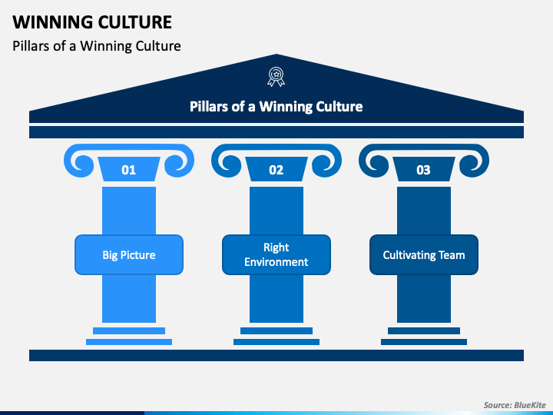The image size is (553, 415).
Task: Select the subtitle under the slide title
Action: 97,46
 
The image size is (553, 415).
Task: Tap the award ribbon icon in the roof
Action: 276,76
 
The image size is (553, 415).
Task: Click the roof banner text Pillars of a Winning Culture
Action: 276,106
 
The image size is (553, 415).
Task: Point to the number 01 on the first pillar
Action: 128,170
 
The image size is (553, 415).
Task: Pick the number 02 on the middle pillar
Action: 276,170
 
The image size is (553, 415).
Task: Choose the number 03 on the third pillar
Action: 423,170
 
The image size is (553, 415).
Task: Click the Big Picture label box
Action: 128,254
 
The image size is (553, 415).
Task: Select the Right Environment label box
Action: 276,254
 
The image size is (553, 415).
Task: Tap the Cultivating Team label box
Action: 423,254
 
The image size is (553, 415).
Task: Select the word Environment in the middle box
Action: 276,262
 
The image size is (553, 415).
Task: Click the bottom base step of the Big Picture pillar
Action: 128,341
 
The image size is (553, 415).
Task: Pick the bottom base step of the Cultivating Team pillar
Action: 423,341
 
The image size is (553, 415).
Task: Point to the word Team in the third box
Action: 452,255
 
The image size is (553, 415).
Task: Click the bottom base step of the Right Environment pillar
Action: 276,341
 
